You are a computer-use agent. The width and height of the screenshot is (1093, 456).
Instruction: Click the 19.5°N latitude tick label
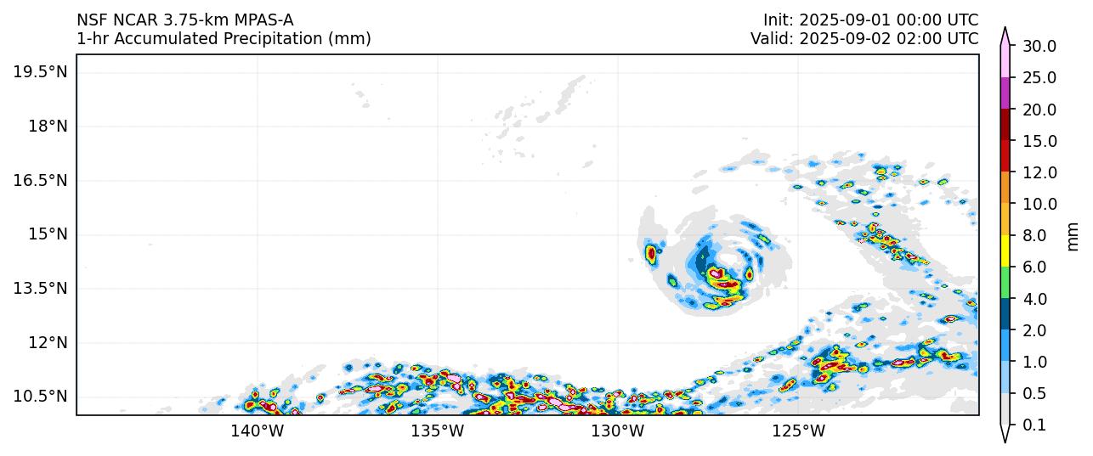pos(40,72)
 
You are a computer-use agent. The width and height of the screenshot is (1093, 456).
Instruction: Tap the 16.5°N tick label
pos(40,181)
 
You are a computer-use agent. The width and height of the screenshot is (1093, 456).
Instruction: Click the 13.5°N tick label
pos(40,289)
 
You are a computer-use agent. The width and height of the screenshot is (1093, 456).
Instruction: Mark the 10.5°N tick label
pos(40,397)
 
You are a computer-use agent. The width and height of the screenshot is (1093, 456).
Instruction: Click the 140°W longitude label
pos(258,431)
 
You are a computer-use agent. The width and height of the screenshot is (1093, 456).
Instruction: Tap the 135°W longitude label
pos(438,431)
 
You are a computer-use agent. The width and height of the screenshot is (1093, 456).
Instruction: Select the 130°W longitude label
pos(618,431)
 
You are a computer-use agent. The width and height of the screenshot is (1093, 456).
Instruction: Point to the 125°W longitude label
pos(799,431)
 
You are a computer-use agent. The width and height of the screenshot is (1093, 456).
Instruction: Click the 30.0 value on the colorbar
pos(1039,47)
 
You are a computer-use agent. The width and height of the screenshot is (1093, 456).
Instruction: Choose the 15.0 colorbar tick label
pos(1039,142)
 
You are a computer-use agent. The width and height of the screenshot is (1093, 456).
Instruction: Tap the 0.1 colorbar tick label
pos(1034,425)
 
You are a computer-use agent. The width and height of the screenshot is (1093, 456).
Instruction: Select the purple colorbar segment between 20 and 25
pos(1005,93)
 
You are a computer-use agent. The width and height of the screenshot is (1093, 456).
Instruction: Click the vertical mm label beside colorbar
pos(1074,236)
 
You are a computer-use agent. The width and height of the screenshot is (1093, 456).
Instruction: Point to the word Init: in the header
pos(779,20)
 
